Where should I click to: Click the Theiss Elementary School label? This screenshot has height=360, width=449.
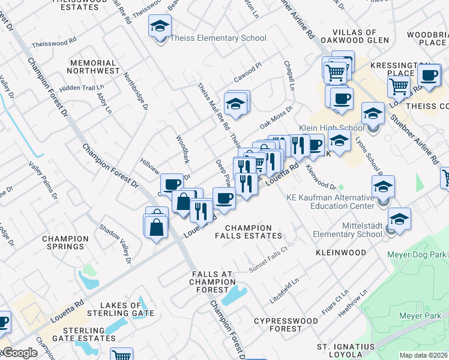[x=218, y=38]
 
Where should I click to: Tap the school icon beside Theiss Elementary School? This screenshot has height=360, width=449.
[x=160, y=27]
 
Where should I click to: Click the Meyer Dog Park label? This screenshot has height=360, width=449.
[x=421, y=256]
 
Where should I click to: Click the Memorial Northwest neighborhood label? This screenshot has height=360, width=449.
[x=93, y=67]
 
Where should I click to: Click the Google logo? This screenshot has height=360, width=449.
[x=19, y=353]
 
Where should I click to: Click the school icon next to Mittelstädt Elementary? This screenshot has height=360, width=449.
[x=399, y=220]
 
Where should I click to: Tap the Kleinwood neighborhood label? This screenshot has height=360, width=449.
[x=341, y=253]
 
